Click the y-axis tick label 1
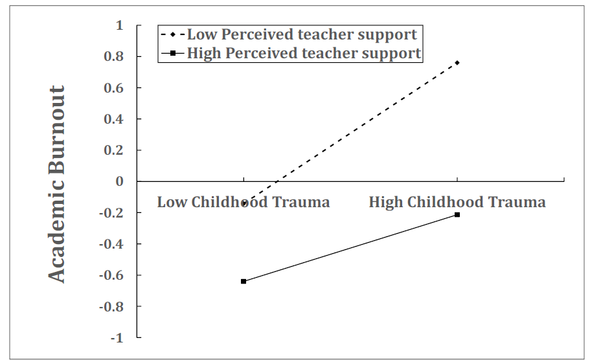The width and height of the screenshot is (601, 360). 119,25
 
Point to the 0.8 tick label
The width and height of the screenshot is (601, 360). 115,56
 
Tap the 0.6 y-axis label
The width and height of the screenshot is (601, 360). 115,87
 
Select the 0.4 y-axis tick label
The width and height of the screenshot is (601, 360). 115,119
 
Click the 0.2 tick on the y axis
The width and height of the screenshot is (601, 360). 115,150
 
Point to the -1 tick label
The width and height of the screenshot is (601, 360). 116,337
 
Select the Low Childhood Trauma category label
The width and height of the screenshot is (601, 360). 244,202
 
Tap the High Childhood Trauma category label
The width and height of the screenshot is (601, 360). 457,202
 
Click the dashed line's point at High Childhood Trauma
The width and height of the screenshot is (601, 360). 457,63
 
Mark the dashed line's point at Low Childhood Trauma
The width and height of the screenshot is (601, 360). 244,203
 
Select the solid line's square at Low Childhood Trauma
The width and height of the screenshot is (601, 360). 244,281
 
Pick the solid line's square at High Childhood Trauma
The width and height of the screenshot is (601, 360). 457,214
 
